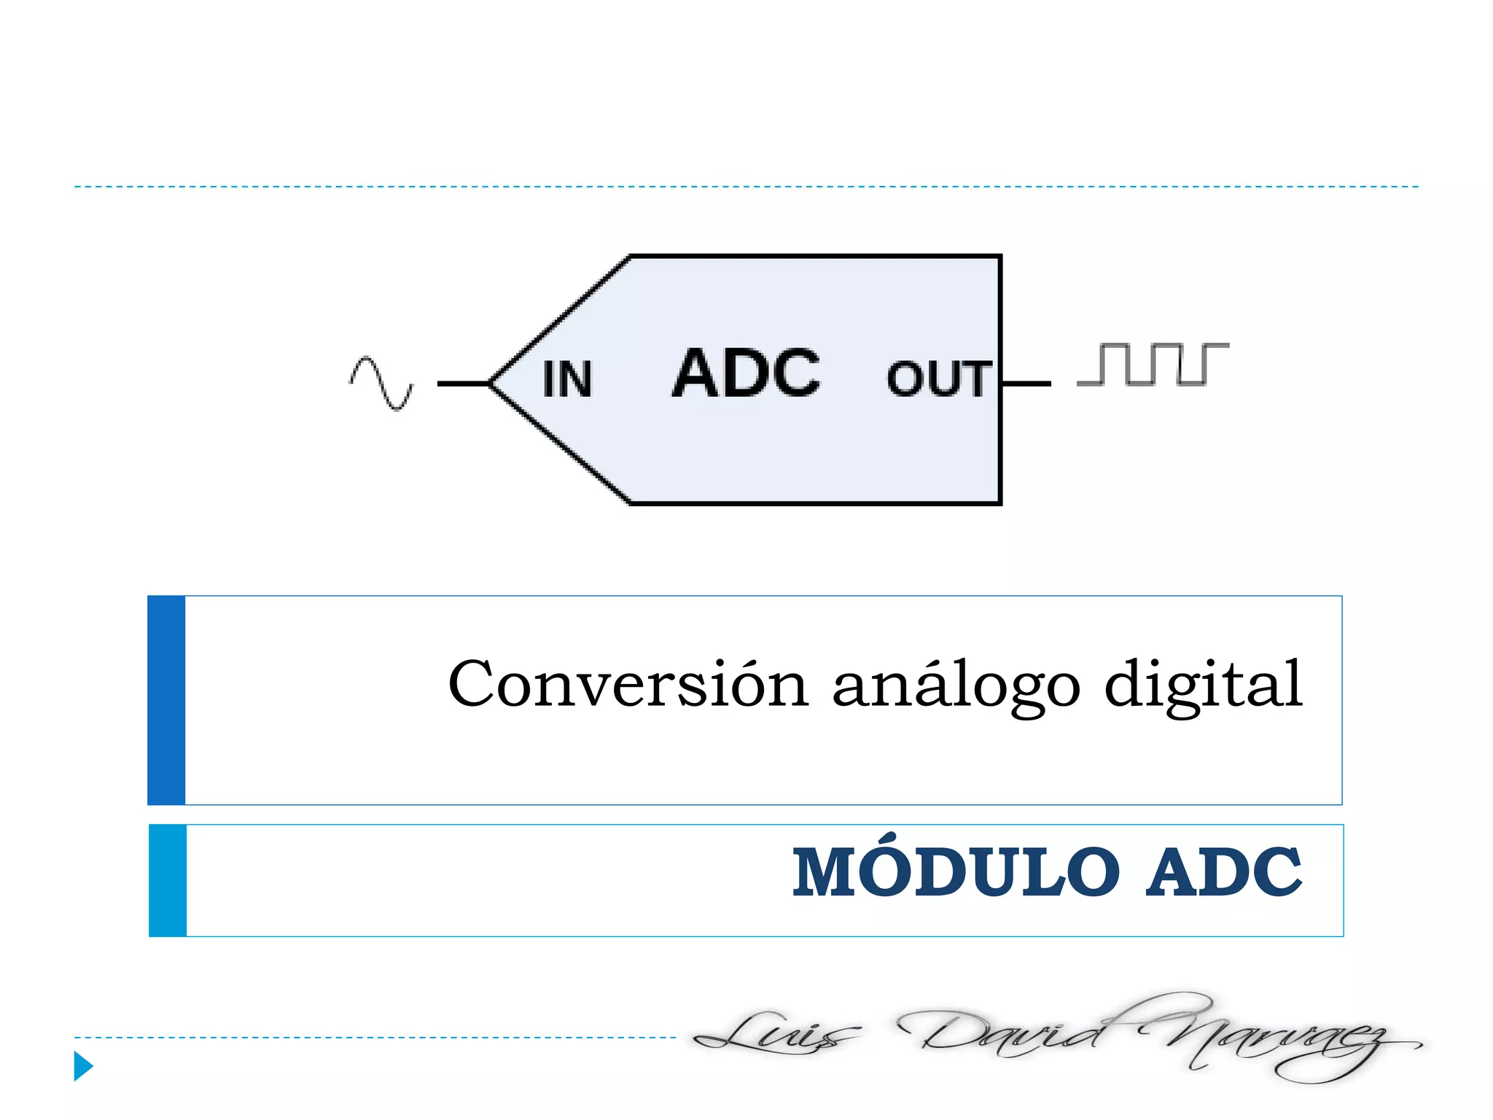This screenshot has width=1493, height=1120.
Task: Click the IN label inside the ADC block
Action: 567,379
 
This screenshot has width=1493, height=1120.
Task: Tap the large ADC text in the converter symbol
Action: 746,373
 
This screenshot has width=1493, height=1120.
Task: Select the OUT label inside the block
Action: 939,379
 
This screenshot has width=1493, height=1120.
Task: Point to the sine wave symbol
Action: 381,383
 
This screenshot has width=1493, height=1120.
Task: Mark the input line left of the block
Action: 463,384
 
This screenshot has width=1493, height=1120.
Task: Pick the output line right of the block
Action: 1026,384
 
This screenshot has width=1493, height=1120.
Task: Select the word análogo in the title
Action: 956,686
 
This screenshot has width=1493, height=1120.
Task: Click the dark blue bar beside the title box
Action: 166,700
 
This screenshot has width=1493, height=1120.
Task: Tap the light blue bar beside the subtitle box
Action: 168,880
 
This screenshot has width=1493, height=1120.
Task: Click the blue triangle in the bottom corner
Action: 83,1066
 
